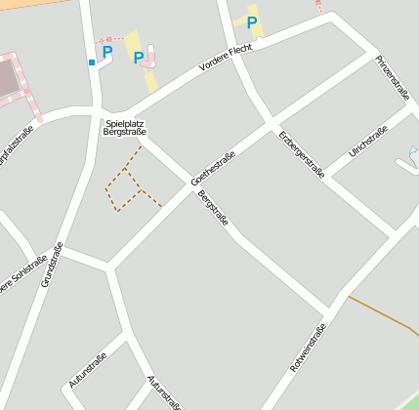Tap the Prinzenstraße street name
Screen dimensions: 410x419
point(392,78)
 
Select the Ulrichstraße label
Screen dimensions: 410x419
point(368,143)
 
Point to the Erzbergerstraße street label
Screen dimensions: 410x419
point(301,154)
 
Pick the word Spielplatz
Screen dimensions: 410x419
point(124,123)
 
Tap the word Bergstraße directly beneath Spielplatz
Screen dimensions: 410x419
point(124,132)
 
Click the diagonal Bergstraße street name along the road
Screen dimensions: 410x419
point(213,208)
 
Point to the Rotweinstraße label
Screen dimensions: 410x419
point(308,348)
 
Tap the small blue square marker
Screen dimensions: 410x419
point(92,62)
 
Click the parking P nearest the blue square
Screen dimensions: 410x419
point(107,51)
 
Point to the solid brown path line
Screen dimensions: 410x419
point(384,314)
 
